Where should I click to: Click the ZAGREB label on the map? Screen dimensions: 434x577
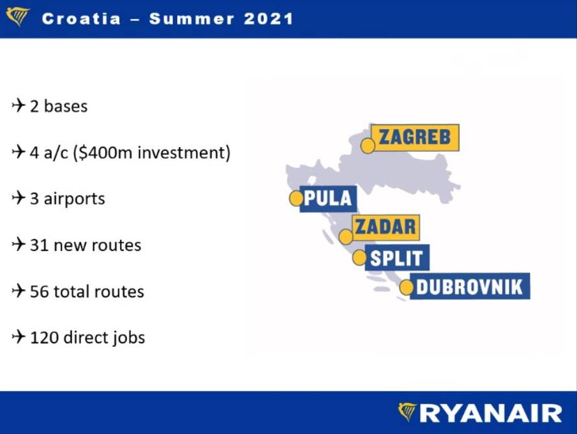(x=418, y=138)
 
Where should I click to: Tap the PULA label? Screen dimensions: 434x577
(x=327, y=199)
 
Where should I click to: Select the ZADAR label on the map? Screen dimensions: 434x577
(x=385, y=227)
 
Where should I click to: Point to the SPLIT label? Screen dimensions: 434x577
(x=397, y=258)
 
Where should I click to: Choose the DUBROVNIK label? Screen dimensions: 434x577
(x=469, y=287)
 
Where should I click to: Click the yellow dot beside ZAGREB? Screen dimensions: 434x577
(x=368, y=145)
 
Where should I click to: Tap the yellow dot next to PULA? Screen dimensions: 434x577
(x=296, y=199)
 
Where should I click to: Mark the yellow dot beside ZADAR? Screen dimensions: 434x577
(x=346, y=236)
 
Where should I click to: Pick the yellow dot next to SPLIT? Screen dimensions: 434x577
(x=359, y=258)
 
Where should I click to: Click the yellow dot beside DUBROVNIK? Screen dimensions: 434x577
(x=406, y=287)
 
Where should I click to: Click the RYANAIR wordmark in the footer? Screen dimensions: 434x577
(x=491, y=413)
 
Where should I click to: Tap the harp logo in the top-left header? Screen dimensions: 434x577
(x=18, y=16)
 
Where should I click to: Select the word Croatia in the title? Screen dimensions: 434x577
(x=81, y=18)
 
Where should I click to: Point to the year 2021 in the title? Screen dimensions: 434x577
(x=268, y=18)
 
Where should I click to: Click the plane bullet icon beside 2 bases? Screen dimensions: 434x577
(x=18, y=105)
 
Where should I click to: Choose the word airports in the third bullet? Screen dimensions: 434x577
(x=74, y=199)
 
